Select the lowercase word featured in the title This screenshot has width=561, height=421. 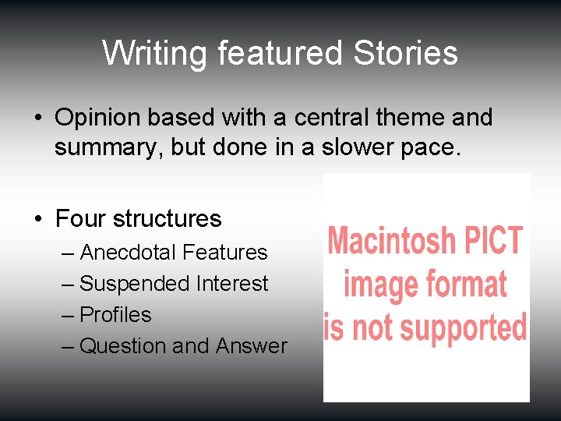(x=280, y=54)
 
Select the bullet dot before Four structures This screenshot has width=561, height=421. (x=38, y=219)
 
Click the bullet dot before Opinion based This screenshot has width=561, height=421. (x=38, y=118)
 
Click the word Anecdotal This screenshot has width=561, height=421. (x=129, y=253)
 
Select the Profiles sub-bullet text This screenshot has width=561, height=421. (x=115, y=315)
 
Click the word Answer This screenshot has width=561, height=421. (x=252, y=346)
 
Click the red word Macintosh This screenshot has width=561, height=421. (x=392, y=242)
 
